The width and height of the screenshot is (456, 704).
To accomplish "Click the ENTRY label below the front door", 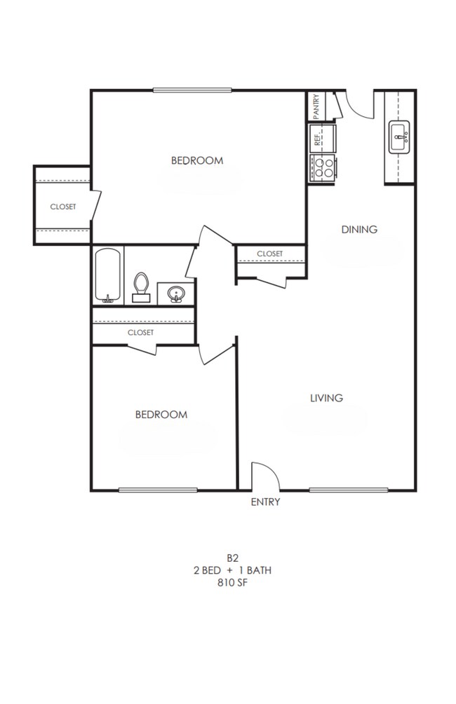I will pyautogui.click(x=265, y=502).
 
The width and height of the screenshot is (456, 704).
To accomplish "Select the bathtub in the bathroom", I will pyautogui.click(x=108, y=276).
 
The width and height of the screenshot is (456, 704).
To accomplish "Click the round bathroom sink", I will pyautogui.click(x=175, y=294).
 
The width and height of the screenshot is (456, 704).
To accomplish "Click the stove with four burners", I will pyautogui.click(x=323, y=168).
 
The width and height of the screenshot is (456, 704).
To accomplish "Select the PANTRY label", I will pyautogui.click(x=316, y=106).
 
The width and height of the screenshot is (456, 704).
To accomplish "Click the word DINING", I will pyautogui.click(x=359, y=229).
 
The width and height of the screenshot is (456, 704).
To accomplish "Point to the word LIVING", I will pyautogui.click(x=327, y=398).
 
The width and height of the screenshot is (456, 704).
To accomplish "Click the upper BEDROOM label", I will pyautogui.click(x=197, y=160).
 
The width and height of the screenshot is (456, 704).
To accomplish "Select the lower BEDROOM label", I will pyautogui.click(x=161, y=414).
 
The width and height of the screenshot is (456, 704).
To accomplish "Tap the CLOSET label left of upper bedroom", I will pyautogui.click(x=63, y=207).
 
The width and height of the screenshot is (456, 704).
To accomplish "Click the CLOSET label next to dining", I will pyautogui.click(x=270, y=254).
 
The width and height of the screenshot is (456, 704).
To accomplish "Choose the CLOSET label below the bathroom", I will pyautogui.click(x=140, y=333).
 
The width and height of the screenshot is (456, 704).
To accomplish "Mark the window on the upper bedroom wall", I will pyautogui.click(x=192, y=90).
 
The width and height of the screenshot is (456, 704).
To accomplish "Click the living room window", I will pyautogui.click(x=348, y=490).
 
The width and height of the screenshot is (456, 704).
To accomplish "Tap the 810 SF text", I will pyautogui.click(x=232, y=582).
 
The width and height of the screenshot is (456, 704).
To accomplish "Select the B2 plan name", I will pyautogui.click(x=232, y=558).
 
